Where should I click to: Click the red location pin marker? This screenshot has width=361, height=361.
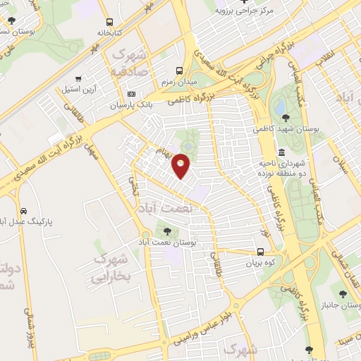pos(181,165)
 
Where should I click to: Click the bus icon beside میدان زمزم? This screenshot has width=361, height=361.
pos(179,71)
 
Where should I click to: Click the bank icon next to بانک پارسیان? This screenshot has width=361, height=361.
pos(131,94)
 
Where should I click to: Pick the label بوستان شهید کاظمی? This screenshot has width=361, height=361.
pos(287,129)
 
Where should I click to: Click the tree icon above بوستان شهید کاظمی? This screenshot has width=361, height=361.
pos(285,118)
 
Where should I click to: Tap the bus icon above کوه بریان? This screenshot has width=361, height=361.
pos(261,252)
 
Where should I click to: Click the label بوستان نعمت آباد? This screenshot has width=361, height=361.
pos(170,242)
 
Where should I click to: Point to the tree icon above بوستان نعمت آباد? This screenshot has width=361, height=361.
pos(167,231)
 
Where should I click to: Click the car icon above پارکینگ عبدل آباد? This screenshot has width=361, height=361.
pos(23,211)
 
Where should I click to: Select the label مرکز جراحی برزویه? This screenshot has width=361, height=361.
pos(244,11)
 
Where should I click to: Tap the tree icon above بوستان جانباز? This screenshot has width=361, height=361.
pos(344,294)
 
